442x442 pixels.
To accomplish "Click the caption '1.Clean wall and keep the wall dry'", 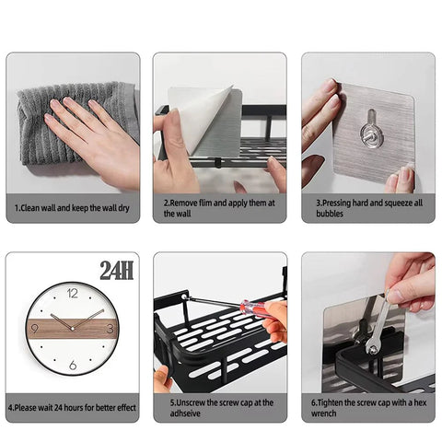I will [x=73, y=209].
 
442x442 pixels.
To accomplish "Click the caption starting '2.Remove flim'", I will [x=219, y=208].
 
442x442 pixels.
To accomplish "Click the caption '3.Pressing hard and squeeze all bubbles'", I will [x=367, y=208].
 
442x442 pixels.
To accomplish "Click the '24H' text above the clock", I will [x=116, y=270].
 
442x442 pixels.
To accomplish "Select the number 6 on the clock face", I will [x=73, y=366].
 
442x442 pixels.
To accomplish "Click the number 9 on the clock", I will [x=36, y=329].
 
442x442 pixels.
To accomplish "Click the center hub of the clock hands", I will [x=73, y=329].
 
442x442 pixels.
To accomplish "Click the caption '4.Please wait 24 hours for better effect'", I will [x=73, y=406].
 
